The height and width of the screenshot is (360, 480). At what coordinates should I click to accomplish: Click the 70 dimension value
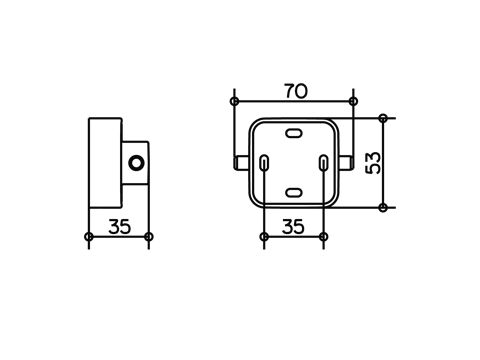pyautogui.click(x=296, y=91)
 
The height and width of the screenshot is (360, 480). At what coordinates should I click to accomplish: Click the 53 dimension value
pyautogui.click(x=373, y=163)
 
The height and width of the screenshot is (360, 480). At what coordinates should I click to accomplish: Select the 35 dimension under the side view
pyautogui.click(x=120, y=227)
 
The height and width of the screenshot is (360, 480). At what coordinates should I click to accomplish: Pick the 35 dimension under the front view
pyautogui.click(x=293, y=227)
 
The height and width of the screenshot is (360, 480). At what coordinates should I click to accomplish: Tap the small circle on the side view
pyautogui.click(x=136, y=163)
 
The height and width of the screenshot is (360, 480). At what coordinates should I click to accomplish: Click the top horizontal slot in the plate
pyautogui.click(x=294, y=133)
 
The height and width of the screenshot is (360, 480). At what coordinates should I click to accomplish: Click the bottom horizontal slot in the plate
pyautogui.click(x=294, y=192)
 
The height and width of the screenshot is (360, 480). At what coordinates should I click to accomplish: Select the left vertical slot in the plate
pyautogui.click(x=264, y=163)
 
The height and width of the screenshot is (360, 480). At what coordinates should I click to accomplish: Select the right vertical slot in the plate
pyautogui.click(x=323, y=163)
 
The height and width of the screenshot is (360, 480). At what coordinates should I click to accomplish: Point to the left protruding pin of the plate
pyautogui.click(x=241, y=163)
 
